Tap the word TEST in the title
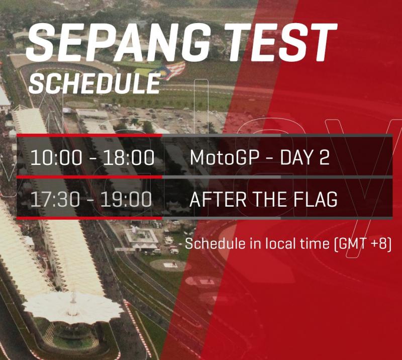coord(280,42)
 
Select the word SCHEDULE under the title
coord(94,83)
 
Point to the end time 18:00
coord(129,157)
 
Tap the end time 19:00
coord(126,199)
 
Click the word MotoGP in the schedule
coord(224,157)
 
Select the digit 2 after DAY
coord(324,157)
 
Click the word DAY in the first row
coord(296,157)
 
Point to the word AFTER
coord(218,199)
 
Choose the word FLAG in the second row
coord(315,199)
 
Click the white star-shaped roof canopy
coord(73,307)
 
